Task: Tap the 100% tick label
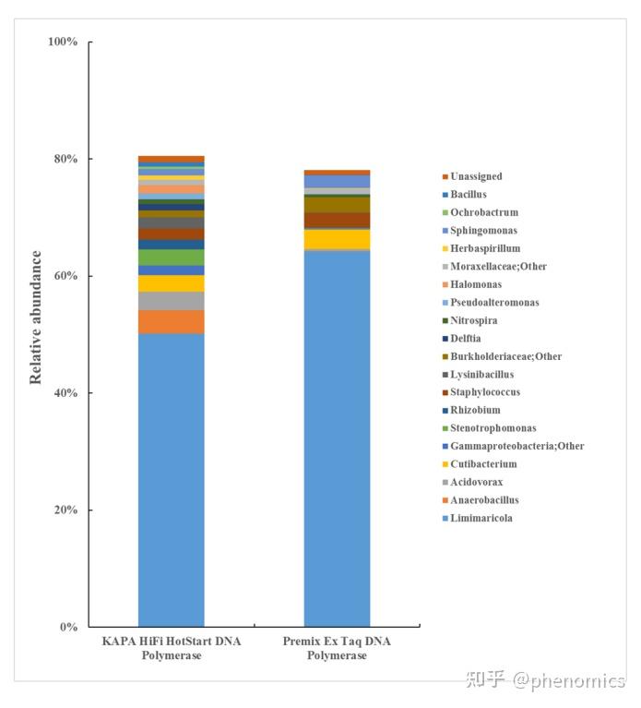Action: (62, 42)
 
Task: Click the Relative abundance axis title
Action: (36, 317)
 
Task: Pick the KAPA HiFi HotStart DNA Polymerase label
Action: (172, 648)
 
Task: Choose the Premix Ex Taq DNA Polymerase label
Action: (337, 648)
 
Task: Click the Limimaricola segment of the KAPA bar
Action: (172, 480)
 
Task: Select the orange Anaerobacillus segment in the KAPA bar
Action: (172, 321)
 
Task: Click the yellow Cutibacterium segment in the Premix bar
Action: (337, 239)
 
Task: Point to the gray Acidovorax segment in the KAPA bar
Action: (172, 301)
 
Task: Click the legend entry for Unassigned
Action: (476, 176)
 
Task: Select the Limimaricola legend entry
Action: (481, 518)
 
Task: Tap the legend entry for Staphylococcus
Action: (485, 392)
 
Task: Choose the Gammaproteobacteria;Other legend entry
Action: (516, 446)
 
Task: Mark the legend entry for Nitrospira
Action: (474, 320)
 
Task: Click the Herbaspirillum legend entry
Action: (485, 248)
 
